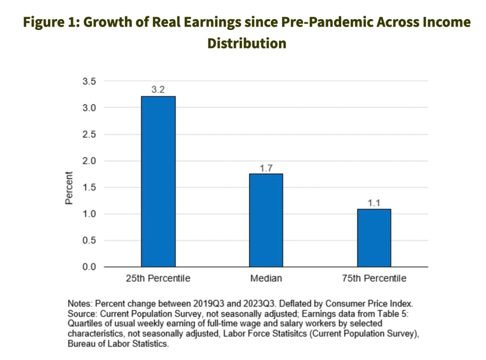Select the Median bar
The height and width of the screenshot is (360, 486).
click(266, 220)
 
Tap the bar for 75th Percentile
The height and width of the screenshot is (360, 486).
click(374, 238)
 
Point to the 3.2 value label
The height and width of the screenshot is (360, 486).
click(158, 89)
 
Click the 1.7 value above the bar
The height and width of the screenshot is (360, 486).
click(266, 167)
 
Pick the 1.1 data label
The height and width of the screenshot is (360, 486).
click(374, 203)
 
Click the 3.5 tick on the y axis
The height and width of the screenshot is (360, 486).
click(90, 82)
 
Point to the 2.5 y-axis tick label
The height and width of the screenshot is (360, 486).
click(90, 135)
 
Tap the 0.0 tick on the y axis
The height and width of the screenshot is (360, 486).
click(90, 267)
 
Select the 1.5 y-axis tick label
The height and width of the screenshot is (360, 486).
click(90, 188)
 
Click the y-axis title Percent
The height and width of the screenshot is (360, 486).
click(69, 188)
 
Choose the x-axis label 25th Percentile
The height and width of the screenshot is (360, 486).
click(158, 278)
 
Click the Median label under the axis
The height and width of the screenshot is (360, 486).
click(266, 278)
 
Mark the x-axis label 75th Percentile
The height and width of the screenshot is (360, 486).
click(374, 278)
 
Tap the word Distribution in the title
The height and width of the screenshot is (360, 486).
click(247, 43)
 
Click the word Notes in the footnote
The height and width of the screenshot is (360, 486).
click(79, 303)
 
